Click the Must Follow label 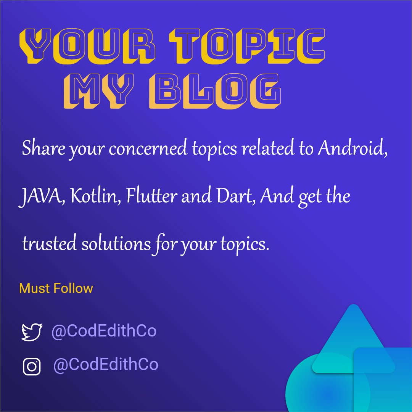coord(56,288)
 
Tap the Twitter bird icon coord(31,332)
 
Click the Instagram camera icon coord(32,366)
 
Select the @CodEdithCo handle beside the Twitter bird coord(104,331)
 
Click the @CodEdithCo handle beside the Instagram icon coord(106,365)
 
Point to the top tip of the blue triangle coord(354,306)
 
